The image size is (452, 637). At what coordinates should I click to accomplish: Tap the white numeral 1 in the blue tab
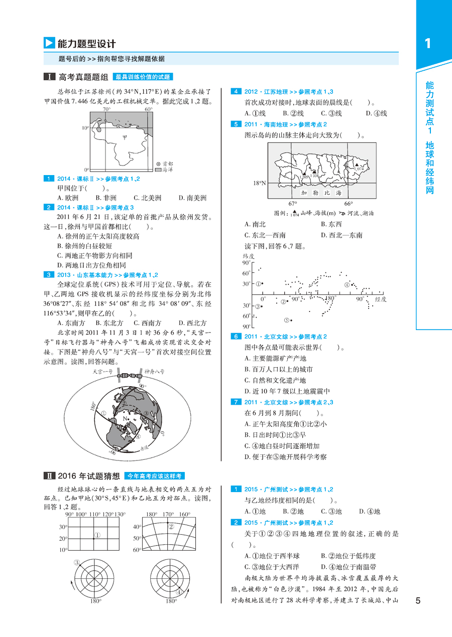(x=427, y=44)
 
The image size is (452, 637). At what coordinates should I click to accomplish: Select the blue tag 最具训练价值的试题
(x=144, y=77)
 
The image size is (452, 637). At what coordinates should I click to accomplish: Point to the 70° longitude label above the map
(x=106, y=109)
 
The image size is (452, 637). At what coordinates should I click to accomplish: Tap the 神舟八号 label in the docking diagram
(x=154, y=372)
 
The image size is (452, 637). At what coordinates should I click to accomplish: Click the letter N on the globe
(x=125, y=419)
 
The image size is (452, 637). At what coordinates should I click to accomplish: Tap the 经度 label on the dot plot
(x=380, y=299)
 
